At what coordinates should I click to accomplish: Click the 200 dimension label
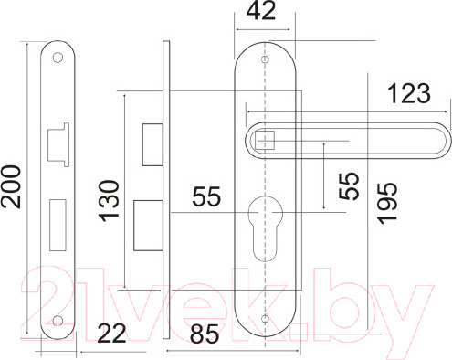11,186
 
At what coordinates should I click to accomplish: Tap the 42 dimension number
261,11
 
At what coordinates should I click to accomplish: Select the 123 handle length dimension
409,93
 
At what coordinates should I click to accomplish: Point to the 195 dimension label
387,203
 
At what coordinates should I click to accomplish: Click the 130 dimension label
109,201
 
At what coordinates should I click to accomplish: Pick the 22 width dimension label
111,334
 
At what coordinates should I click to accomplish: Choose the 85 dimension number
205,334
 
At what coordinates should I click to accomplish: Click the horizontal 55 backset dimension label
206,196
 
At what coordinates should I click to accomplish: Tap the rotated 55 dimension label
349,186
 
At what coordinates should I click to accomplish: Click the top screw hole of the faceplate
58,58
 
